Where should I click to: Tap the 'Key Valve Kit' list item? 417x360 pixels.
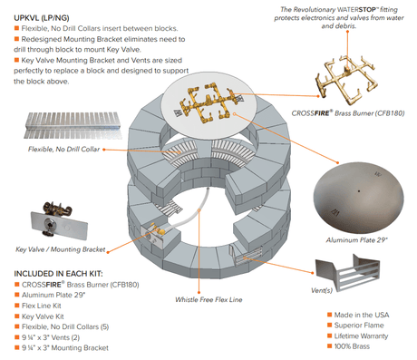[x=44, y=316]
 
